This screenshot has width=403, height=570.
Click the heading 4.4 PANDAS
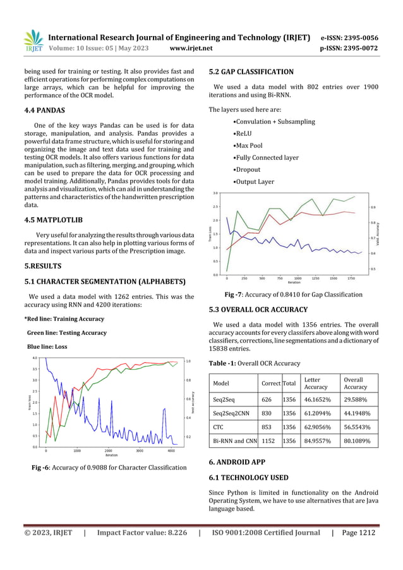pyautogui.click(x=44, y=110)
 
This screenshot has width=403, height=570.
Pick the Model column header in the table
pyautogui.click(x=221, y=383)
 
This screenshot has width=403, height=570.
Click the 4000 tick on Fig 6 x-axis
pyautogui.click(x=171, y=451)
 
